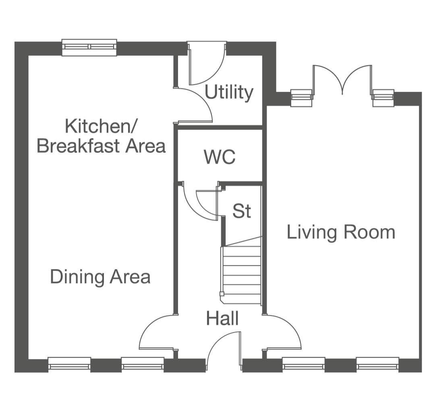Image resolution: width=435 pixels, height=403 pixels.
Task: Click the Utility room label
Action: (x=229, y=92)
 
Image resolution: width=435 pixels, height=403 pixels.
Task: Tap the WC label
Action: (x=220, y=157)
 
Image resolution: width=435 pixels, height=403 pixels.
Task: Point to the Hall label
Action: (x=222, y=318)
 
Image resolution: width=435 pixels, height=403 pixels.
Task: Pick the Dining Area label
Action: (x=100, y=277)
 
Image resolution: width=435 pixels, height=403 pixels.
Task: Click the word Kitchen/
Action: (x=100, y=126)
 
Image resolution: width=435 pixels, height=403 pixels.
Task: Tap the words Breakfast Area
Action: (x=101, y=146)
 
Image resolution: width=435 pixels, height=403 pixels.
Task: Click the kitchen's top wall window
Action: (x=89, y=47)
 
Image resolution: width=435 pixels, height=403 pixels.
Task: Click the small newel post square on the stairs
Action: (x=222, y=294)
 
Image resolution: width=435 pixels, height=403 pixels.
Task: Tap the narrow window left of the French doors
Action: (x=302, y=98)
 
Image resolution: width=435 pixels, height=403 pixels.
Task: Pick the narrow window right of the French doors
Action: (x=383, y=98)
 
